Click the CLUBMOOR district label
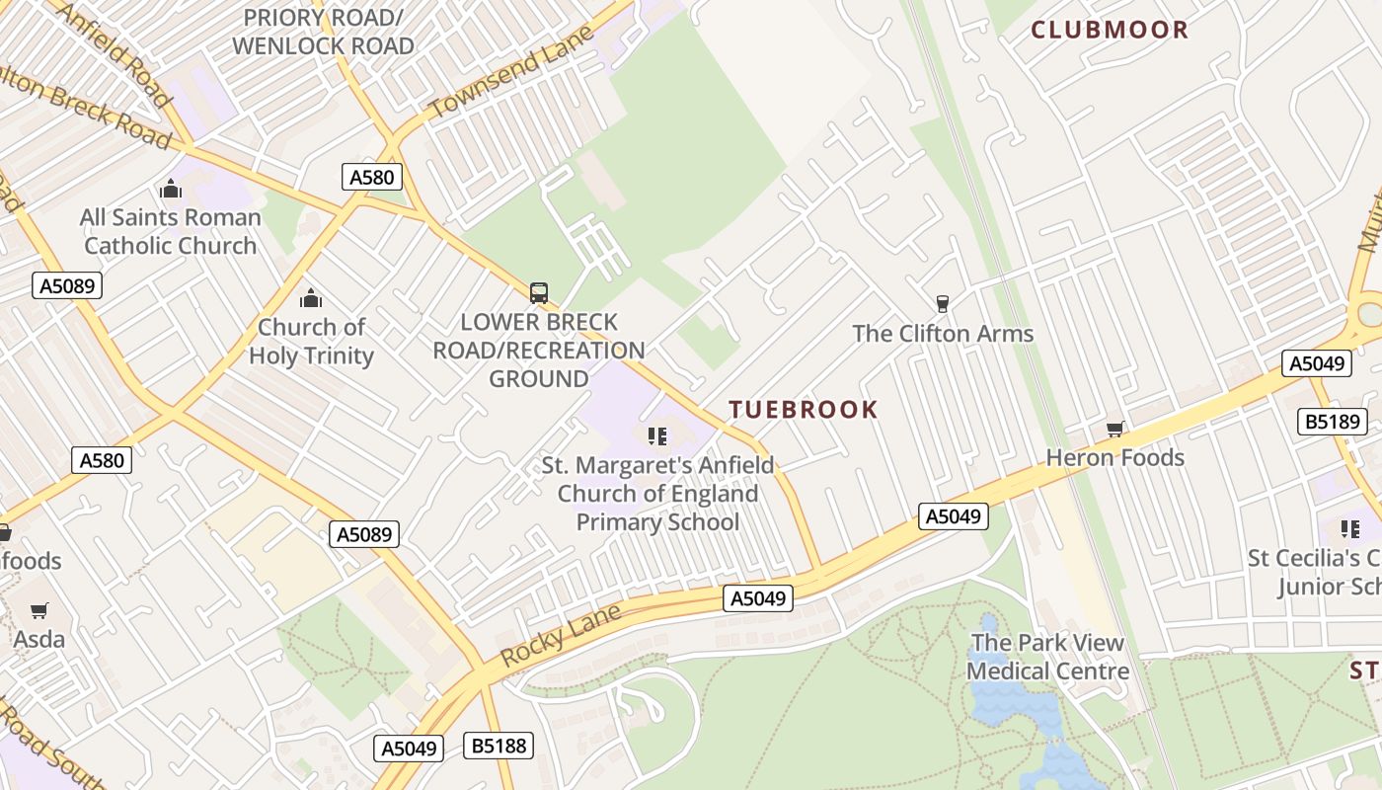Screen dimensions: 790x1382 (1110, 30)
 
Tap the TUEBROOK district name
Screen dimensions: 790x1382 (803, 410)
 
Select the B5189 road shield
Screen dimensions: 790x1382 (1332, 422)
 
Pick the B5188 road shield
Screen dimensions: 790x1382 (499, 745)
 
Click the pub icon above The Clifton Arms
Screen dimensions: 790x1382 (942, 303)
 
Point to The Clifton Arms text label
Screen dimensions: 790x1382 (943, 334)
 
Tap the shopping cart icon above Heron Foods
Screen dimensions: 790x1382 (1114, 429)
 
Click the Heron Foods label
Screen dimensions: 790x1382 (1114, 457)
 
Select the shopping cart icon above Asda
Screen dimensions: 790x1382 (38, 610)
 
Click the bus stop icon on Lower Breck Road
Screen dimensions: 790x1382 (538, 292)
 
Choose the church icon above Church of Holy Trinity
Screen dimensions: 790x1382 (311, 298)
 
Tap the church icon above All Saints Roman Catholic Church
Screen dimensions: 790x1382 (171, 189)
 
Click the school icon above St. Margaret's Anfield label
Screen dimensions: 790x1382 (657, 435)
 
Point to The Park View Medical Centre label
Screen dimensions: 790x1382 (1047, 657)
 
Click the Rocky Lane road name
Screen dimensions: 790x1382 (560, 634)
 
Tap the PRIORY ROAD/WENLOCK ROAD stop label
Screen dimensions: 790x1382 (323, 32)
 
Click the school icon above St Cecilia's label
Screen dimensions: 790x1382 (1349, 529)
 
